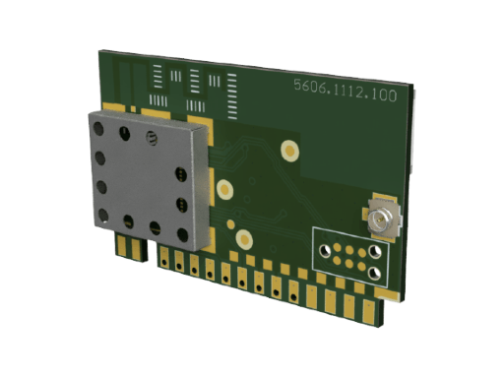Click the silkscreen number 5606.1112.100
[x=346, y=91]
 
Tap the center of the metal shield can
[x=149, y=180]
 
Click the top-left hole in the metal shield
[x=98, y=128]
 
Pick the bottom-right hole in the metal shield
[x=183, y=235]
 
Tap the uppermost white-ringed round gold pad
[x=289, y=151]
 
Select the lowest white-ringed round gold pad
[x=244, y=239]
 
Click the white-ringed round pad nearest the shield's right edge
[x=224, y=189]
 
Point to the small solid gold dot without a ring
[x=231, y=224]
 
